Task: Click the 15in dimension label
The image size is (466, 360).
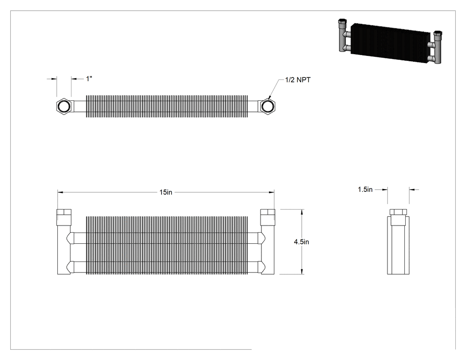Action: point(166,192)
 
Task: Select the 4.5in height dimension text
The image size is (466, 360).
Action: point(301,241)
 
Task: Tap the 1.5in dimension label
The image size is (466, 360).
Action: point(365,190)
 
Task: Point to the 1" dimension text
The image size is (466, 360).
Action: point(89,79)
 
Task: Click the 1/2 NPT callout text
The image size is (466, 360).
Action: point(298,80)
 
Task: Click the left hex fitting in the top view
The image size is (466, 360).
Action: point(63,106)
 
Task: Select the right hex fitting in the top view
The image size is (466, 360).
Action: point(268,106)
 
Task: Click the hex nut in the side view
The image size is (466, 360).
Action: point(398,212)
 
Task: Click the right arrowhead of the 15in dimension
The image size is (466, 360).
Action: point(271,192)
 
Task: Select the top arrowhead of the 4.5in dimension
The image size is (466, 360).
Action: point(302,212)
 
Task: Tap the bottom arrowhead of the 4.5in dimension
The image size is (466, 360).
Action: point(302,271)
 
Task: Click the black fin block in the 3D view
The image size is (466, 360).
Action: point(390,44)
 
